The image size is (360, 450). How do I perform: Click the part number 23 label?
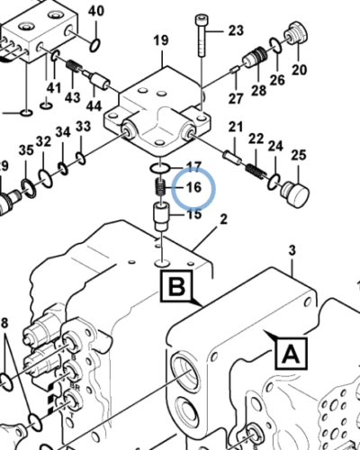[236, 31]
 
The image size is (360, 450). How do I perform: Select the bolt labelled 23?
[201, 36]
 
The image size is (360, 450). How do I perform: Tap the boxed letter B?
[176, 286]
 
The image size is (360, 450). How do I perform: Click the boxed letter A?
[292, 354]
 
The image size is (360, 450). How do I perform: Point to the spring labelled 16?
[161, 187]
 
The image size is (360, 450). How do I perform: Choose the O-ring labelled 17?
[160, 168]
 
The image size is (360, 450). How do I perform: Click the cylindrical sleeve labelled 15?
[161, 216]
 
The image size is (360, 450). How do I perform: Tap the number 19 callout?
[161, 40]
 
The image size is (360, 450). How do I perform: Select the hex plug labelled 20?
[297, 32]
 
